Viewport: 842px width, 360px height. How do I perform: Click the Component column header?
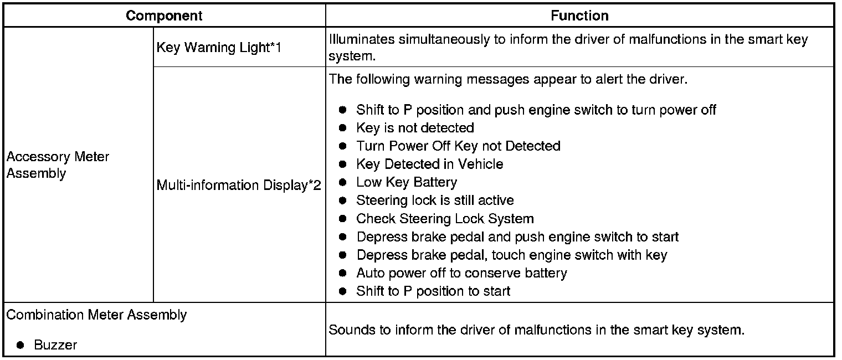click(x=164, y=16)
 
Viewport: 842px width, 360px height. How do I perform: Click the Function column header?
click(x=579, y=16)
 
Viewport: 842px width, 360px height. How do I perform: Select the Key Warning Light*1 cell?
click(x=219, y=48)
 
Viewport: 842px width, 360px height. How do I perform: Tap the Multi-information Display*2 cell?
click(x=239, y=185)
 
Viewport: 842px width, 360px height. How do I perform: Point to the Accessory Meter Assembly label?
click(x=58, y=165)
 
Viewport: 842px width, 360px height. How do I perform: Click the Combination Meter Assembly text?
click(x=96, y=315)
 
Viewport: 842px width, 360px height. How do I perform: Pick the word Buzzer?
click(x=55, y=345)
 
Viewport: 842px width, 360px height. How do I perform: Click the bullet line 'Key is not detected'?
click(x=415, y=128)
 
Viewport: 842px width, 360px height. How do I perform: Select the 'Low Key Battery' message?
click(x=407, y=182)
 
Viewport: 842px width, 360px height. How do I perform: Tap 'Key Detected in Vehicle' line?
click(x=429, y=164)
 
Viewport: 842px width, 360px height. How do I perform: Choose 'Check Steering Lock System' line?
click(x=445, y=219)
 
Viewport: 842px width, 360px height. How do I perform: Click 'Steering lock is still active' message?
click(x=435, y=200)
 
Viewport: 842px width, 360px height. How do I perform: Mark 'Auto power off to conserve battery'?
click(x=461, y=273)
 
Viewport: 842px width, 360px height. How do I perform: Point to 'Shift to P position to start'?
click(x=433, y=291)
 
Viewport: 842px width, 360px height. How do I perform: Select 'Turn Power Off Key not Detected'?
click(x=458, y=146)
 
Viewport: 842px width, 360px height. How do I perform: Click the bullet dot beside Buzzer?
click(x=20, y=345)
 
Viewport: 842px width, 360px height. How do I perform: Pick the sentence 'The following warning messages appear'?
click(x=507, y=79)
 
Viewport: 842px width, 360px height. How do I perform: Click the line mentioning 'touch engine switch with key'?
click(x=511, y=255)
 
